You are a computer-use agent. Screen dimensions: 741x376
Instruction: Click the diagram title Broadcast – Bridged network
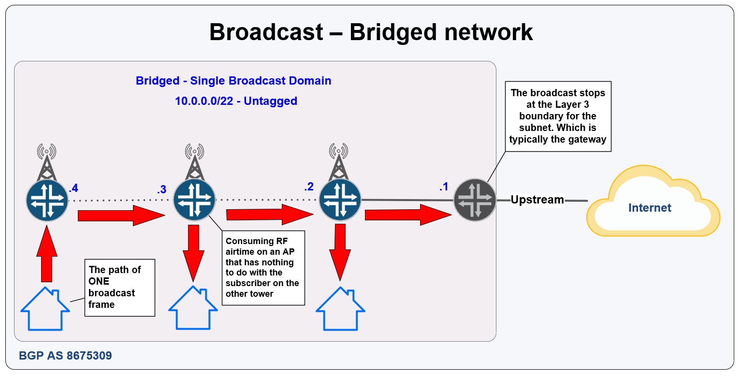(x=371, y=32)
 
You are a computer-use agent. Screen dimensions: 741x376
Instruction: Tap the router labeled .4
(x=47, y=200)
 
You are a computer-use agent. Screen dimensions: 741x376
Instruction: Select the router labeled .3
(x=194, y=200)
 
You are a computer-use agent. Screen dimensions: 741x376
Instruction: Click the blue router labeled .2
(x=340, y=200)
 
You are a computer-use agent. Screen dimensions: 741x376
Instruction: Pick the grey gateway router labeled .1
(x=475, y=200)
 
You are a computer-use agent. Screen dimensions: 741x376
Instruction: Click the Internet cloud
(x=653, y=201)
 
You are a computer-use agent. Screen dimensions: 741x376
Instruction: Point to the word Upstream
(x=537, y=200)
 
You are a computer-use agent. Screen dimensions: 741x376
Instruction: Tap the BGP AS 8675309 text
(x=65, y=356)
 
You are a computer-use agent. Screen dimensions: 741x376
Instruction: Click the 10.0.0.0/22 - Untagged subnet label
(x=236, y=101)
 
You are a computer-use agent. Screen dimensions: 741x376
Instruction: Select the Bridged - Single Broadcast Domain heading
(x=233, y=81)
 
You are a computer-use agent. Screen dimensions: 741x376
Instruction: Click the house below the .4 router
(x=45, y=309)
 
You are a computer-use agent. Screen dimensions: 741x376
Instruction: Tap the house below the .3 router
(x=193, y=308)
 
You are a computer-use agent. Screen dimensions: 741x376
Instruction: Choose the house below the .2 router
(x=340, y=309)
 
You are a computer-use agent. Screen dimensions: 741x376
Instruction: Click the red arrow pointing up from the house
(x=46, y=253)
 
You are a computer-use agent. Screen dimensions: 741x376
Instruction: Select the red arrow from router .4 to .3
(x=121, y=216)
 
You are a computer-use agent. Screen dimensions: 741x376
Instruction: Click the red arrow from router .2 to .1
(x=408, y=215)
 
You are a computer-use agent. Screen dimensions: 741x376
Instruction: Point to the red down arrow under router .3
(x=193, y=253)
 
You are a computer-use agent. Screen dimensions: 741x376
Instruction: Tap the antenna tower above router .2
(x=338, y=161)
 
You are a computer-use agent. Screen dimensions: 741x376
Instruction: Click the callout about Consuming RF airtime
(x=263, y=268)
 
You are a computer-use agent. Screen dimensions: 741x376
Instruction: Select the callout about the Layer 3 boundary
(x=558, y=116)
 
